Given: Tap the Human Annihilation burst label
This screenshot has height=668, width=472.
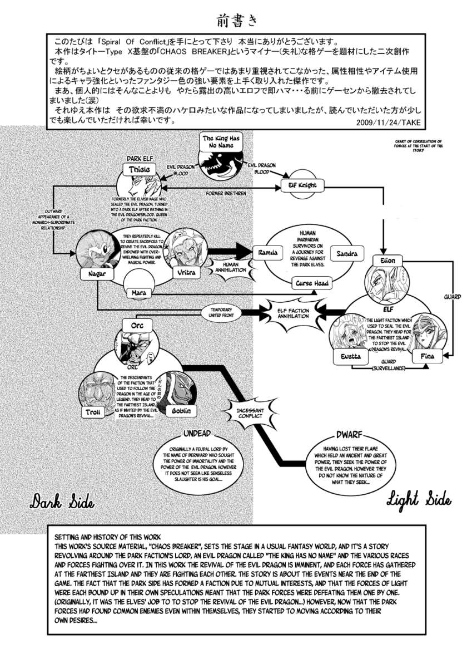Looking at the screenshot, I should pos(230,266).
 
